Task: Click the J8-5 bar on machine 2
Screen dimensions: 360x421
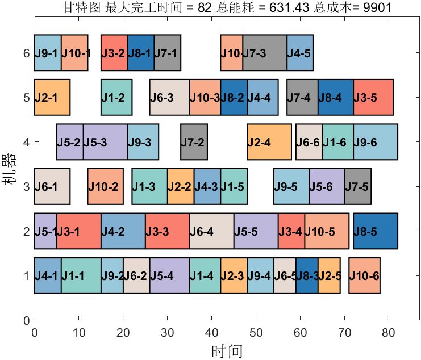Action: (x=376, y=231)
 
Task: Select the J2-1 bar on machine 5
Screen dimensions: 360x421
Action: (x=52, y=98)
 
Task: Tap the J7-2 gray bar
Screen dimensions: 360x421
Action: (x=194, y=142)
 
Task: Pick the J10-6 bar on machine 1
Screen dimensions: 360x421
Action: (x=364, y=276)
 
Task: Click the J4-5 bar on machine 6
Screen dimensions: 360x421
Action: (x=300, y=53)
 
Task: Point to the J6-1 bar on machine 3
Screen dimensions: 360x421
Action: (x=52, y=186)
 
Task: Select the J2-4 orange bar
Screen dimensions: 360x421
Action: (x=269, y=142)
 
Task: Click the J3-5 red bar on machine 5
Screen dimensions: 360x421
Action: (x=373, y=98)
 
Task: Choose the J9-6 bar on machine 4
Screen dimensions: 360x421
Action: (x=376, y=142)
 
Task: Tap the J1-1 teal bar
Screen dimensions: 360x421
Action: (x=81, y=276)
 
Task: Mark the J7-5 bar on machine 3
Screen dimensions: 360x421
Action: (x=358, y=186)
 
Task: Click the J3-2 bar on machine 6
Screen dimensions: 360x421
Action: (x=114, y=53)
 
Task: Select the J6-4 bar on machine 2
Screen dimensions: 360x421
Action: (x=211, y=231)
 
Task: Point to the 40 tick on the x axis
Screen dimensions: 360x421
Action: (x=211, y=320)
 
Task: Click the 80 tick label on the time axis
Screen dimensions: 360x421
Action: (x=389, y=330)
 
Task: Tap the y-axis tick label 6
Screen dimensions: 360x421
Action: (x=26, y=53)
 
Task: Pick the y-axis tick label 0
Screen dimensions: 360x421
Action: (x=26, y=320)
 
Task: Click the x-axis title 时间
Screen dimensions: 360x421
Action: (x=227, y=350)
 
